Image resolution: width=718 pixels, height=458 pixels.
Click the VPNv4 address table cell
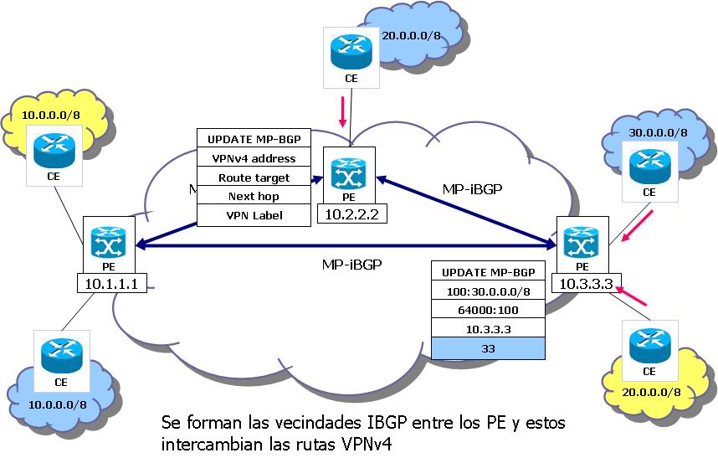(x=254, y=157)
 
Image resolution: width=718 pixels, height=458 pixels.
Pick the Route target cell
(x=254, y=178)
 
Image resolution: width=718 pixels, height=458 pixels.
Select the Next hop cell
(x=254, y=196)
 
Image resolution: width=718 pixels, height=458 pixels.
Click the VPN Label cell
(x=254, y=215)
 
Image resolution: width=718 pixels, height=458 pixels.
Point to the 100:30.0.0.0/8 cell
(x=488, y=291)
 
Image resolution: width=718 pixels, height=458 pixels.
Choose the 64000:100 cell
(x=488, y=309)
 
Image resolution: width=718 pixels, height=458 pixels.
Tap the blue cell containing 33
(x=488, y=347)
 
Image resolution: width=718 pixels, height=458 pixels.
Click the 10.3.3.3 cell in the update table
(x=488, y=327)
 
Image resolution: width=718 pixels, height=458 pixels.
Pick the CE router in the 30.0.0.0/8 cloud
(x=648, y=164)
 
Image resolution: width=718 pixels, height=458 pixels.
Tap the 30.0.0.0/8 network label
(x=658, y=132)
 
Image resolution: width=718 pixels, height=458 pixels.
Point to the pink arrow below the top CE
(x=342, y=111)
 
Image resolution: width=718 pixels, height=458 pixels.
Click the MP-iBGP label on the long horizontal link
(x=351, y=264)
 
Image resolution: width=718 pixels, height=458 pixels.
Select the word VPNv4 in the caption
(x=362, y=441)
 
